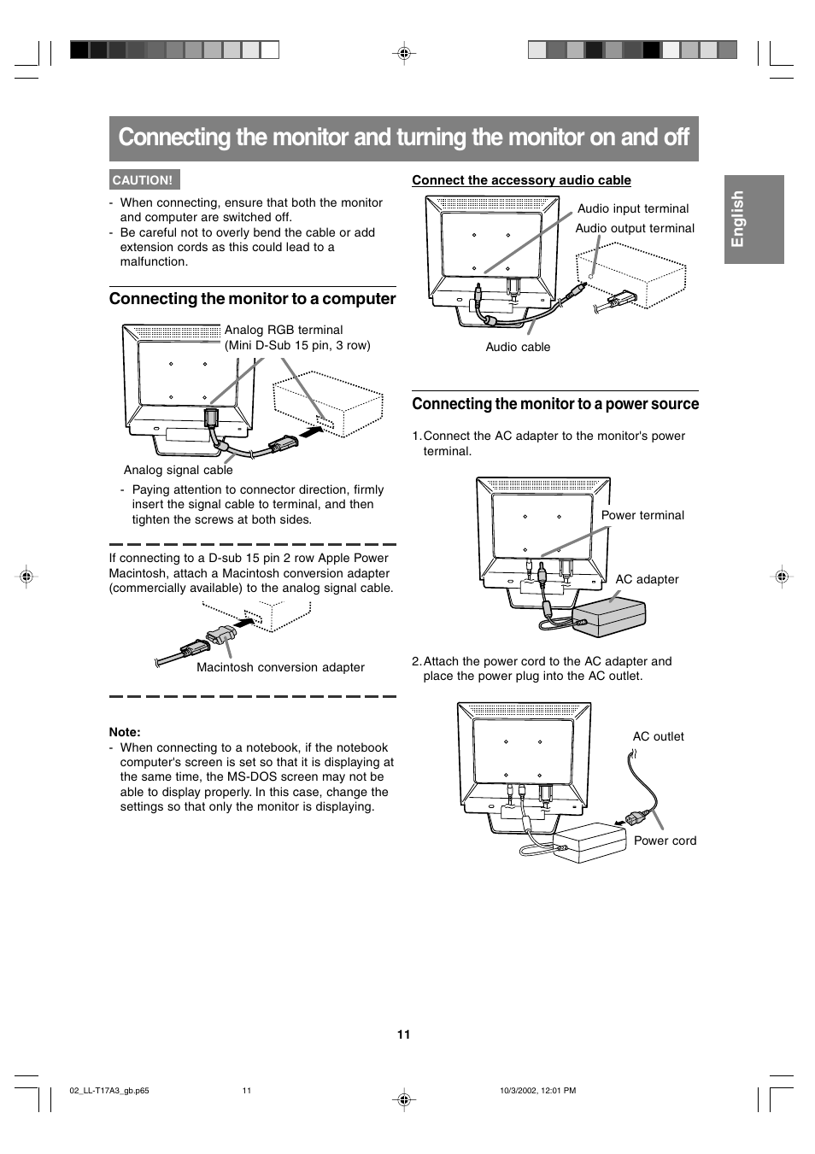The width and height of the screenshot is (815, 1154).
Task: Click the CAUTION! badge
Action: pyautogui.click(x=144, y=179)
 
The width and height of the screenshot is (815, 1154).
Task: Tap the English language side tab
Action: pyautogui.click(x=754, y=219)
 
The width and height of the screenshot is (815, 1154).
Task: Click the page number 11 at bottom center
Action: pyautogui.click(x=404, y=1034)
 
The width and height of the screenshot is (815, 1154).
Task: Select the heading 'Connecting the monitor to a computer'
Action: pyautogui.click(x=252, y=299)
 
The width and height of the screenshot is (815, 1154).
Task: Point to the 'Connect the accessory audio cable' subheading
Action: pyautogui.click(x=521, y=179)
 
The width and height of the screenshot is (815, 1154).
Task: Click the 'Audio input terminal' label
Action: pyautogui.click(x=633, y=208)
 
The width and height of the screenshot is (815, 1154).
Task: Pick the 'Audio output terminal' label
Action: pyautogui.click(x=635, y=228)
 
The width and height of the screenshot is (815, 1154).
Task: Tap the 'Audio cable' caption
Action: pyautogui.click(x=518, y=347)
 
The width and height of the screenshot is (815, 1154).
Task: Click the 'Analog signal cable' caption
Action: pyautogui.click(x=179, y=470)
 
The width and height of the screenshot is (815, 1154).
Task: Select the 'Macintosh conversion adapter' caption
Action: pyautogui.click(x=280, y=667)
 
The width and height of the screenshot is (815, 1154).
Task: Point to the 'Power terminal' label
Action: pyautogui.click(x=642, y=515)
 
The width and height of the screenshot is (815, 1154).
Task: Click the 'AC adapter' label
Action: pyautogui.click(x=647, y=579)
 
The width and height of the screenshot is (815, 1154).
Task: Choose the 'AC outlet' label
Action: pyautogui.click(x=659, y=736)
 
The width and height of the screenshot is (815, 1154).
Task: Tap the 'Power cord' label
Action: pyautogui.click(x=665, y=841)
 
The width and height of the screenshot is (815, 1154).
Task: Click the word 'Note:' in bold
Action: pyautogui.click(x=125, y=732)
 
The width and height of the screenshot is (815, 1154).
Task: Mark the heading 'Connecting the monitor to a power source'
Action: pyautogui.click(x=555, y=404)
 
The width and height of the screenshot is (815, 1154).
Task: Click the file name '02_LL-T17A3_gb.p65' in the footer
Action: pyautogui.click(x=109, y=1091)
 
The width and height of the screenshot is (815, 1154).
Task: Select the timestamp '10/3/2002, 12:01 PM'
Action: pyautogui.click(x=538, y=1091)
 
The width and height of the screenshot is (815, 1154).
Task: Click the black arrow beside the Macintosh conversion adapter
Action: pyautogui.click(x=243, y=623)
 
